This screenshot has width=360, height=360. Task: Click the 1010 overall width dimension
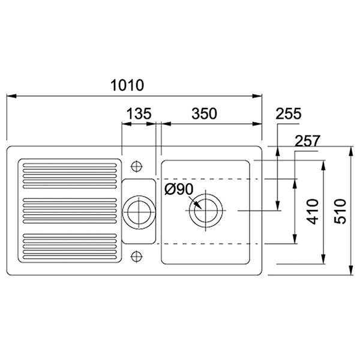click(127, 85)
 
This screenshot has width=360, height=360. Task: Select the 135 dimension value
click(139, 113)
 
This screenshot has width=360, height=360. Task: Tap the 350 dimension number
click(204, 113)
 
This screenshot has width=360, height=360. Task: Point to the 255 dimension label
click(288, 113)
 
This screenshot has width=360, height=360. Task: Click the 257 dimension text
click(307, 141)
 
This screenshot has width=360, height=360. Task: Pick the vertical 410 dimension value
click(313, 211)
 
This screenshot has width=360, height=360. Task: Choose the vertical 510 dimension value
click(340, 211)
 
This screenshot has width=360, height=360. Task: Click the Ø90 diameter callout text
click(179, 189)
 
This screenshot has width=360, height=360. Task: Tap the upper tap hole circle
click(136, 166)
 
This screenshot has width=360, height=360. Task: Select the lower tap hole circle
click(136, 256)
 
